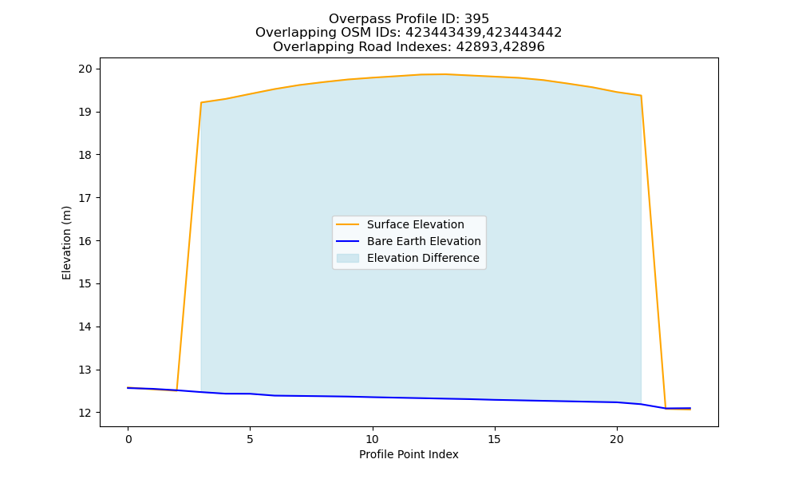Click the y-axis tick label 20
(85, 69)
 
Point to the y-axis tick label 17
(85, 198)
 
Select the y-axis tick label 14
(85, 327)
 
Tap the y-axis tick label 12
(85, 413)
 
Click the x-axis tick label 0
(128, 439)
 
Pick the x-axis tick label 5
(250, 439)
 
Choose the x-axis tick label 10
(373, 439)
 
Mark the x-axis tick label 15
(495, 439)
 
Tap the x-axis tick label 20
(617, 439)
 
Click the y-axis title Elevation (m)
(66, 243)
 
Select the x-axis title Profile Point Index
(409, 454)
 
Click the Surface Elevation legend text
(415, 224)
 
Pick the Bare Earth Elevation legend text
(424, 241)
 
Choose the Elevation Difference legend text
(423, 258)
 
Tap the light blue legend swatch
(348, 258)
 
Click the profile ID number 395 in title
(477, 19)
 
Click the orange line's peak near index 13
(446, 74)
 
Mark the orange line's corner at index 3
(202, 102)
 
